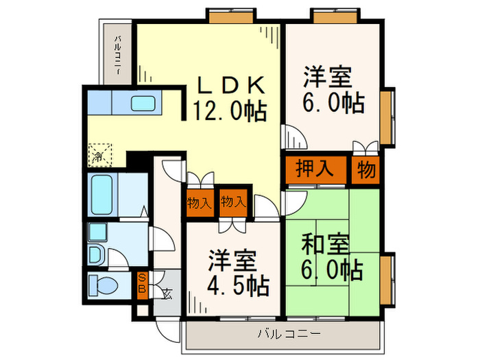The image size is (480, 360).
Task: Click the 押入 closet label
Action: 315,169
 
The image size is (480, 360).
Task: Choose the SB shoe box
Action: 142,283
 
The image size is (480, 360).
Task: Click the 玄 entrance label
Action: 167,293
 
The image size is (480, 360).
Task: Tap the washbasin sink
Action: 96,254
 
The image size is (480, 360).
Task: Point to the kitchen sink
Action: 144,104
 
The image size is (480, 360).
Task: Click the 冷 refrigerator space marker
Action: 97,155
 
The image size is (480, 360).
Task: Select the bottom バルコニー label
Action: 289,334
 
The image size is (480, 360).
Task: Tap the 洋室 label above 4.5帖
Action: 233,260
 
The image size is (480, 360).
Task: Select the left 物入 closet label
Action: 198,202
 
